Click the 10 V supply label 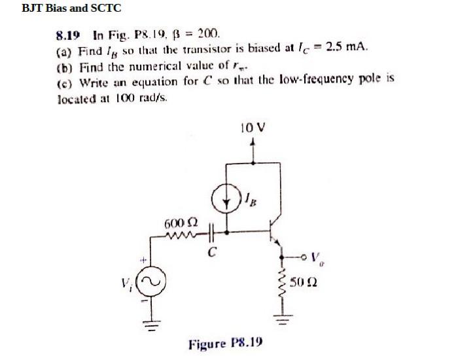(x=253, y=129)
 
